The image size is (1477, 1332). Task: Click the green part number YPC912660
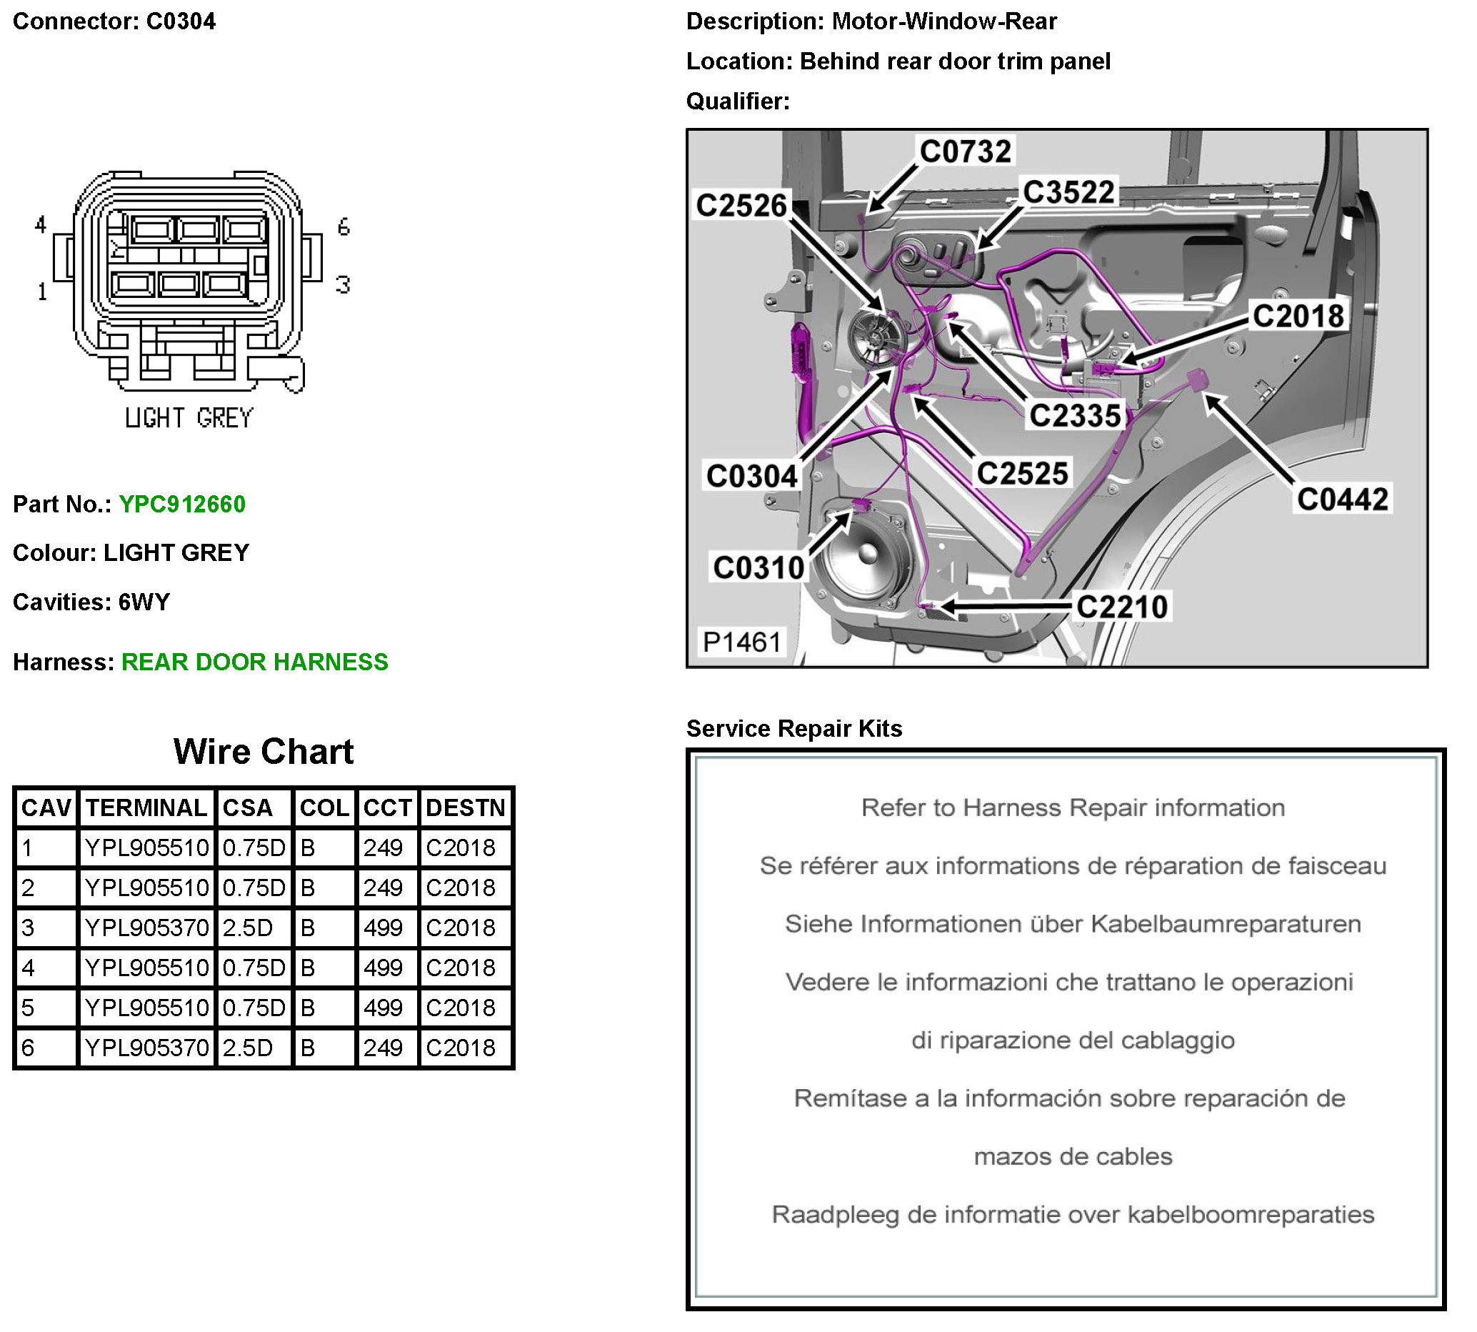click(x=182, y=505)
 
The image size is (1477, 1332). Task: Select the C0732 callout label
click(x=965, y=151)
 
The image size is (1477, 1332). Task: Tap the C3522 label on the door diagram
click(x=1068, y=192)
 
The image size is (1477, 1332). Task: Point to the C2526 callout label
click(x=741, y=206)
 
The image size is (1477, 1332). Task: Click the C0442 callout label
click(x=1342, y=499)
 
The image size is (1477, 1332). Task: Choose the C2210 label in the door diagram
click(x=1121, y=607)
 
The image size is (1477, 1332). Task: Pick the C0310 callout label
click(x=758, y=568)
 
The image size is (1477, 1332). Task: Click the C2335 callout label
click(x=1075, y=416)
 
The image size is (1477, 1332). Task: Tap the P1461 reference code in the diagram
click(x=741, y=642)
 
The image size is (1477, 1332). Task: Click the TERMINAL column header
click(x=146, y=807)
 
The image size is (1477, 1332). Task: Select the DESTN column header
click(x=465, y=807)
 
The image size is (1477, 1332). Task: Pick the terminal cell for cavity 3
click(x=146, y=928)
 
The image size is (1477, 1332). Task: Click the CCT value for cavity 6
click(x=383, y=1048)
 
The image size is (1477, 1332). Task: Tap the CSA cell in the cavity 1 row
click(x=253, y=848)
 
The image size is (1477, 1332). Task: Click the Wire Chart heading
click(x=264, y=752)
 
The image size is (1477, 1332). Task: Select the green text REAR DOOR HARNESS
click(x=254, y=662)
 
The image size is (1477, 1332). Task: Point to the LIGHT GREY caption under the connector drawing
click(x=189, y=419)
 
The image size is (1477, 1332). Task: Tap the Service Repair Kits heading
click(x=793, y=729)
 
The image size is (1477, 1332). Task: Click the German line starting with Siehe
click(x=1073, y=925)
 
